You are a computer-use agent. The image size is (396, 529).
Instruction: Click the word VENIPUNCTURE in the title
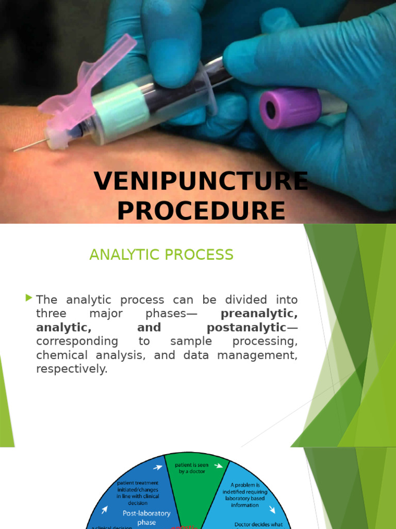[201, 182]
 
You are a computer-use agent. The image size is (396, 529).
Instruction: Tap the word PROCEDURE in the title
[201, 211]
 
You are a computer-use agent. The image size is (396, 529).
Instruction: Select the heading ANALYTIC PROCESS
[161, 255]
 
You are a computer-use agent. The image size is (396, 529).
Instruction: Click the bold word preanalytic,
[259, 314]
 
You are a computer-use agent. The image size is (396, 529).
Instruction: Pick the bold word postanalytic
[246, 328]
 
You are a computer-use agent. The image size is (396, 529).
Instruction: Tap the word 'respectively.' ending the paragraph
[72, 369]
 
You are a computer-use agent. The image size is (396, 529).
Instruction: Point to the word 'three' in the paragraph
[51, 314]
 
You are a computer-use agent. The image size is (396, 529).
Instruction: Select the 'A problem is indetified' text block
[244, 494]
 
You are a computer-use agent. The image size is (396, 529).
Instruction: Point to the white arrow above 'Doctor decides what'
[272, 510]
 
